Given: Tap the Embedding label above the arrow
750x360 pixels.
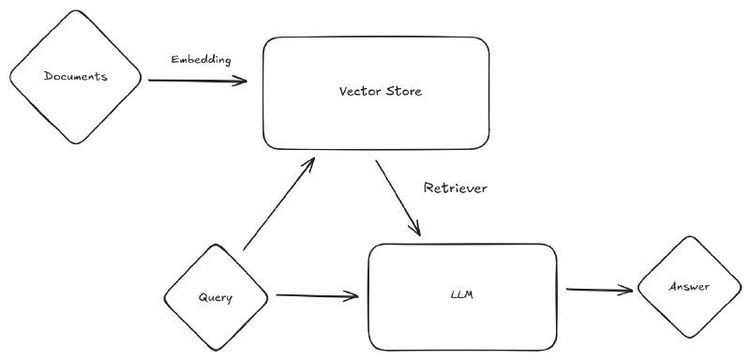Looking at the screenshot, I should point(201,59).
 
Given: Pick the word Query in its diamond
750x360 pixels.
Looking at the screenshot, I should point(216,297).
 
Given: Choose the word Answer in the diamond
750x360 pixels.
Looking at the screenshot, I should point(689,288).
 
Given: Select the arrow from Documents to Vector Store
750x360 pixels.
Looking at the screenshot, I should point(197,81).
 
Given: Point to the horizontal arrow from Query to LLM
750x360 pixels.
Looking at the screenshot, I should point(317,297).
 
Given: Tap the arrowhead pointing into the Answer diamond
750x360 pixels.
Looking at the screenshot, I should point(630,290).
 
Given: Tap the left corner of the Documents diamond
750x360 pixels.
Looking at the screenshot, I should point(9,78).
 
